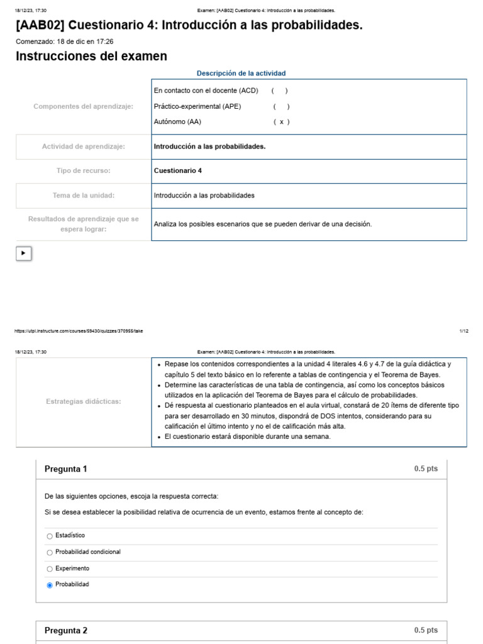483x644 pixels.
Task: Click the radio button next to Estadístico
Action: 50,536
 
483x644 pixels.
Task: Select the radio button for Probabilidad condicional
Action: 50,552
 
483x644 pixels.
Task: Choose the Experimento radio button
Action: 50,569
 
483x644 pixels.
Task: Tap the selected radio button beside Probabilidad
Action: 50,585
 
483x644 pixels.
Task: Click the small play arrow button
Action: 23,253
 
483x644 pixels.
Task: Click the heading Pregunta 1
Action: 66,469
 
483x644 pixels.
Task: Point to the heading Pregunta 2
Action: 66,631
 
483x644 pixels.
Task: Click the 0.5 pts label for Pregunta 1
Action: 425,469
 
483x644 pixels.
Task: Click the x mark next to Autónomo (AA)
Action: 281,122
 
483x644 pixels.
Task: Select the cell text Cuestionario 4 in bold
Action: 178,170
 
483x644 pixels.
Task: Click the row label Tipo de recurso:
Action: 83,170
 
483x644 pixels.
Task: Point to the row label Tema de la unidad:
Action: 83,196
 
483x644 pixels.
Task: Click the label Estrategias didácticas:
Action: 83,401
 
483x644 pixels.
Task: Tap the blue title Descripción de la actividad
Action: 241,73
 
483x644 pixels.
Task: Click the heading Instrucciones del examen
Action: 91,57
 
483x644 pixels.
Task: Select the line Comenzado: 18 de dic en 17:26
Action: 64,42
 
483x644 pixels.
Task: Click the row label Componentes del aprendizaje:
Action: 83,106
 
